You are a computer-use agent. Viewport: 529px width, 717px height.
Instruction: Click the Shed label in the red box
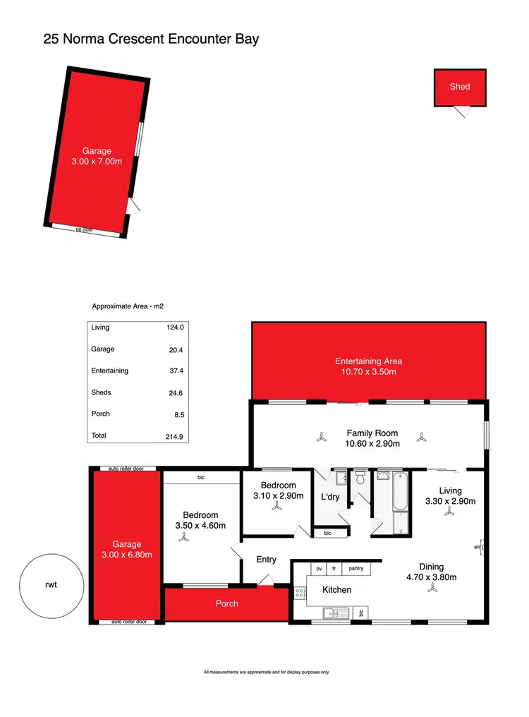tap(459, 87)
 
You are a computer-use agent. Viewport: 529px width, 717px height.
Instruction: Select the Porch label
tap(227, 603)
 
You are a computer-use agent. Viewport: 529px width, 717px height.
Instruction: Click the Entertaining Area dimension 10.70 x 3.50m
tap(368, 372)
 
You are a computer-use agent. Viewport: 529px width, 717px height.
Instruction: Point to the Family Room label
tap(372, 433)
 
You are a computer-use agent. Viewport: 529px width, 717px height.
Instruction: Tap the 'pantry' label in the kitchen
tap(356, 568)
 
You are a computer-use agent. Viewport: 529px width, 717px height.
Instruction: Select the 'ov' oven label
tap(319, 568)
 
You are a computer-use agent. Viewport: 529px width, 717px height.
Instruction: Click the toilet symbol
tap(360, 479)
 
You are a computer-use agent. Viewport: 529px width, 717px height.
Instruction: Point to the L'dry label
tap(329, 497)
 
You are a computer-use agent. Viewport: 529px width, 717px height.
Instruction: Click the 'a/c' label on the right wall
tap(478, 547)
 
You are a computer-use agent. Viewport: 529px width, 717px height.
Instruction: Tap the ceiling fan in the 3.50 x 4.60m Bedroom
tap(185, 537)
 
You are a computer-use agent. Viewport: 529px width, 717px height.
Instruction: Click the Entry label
tap(266, 560)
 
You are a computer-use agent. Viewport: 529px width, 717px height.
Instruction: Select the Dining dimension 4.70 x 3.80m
tap(431, 577)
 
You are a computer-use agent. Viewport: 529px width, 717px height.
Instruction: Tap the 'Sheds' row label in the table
tap(102, 392)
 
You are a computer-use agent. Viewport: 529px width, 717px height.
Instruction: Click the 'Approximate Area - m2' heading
tap(128, 307)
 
